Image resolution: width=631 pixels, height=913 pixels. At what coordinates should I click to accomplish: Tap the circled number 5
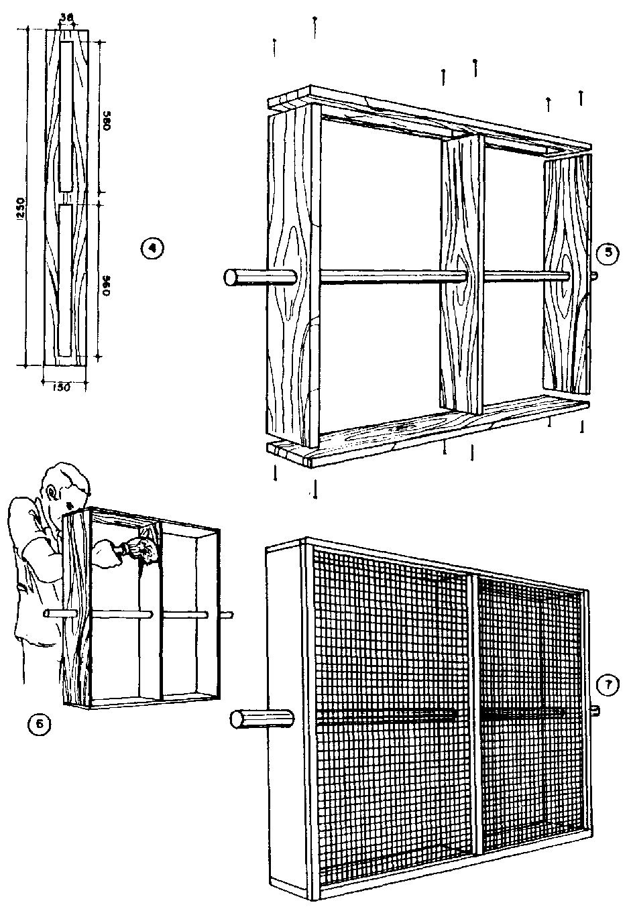pyautogui.click(x=608, y=253)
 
